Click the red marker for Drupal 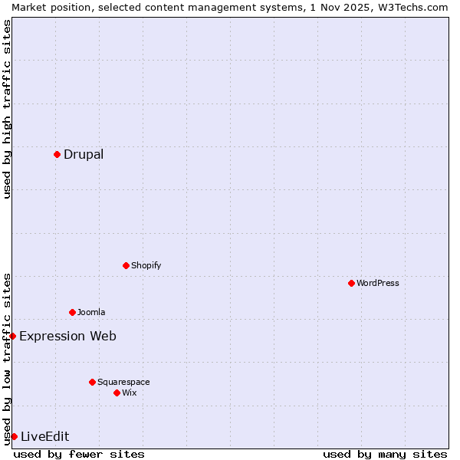(x=57, y=154)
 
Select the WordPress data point (x=351, y=283)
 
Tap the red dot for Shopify (x=126, y=265)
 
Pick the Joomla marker (x=72, y=312)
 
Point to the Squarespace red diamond (x=92, y=382)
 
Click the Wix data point (x=117, y=393)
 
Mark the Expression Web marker (x=12, y=336)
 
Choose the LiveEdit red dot (x=14, y=436)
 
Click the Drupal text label (x=84, y=154)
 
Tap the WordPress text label (x=378, y=283)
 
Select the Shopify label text (x=146, y=265)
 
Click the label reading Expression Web (x=68, y=336)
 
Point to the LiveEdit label (x=45, y=436)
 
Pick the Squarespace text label (x=123, y=382)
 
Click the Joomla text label (x=91, y=312)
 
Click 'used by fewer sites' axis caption (x=79, y=454)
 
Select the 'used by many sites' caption (x=385, y=454)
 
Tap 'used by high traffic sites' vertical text (x=7, y=109)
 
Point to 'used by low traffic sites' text (x=7, y=359)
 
